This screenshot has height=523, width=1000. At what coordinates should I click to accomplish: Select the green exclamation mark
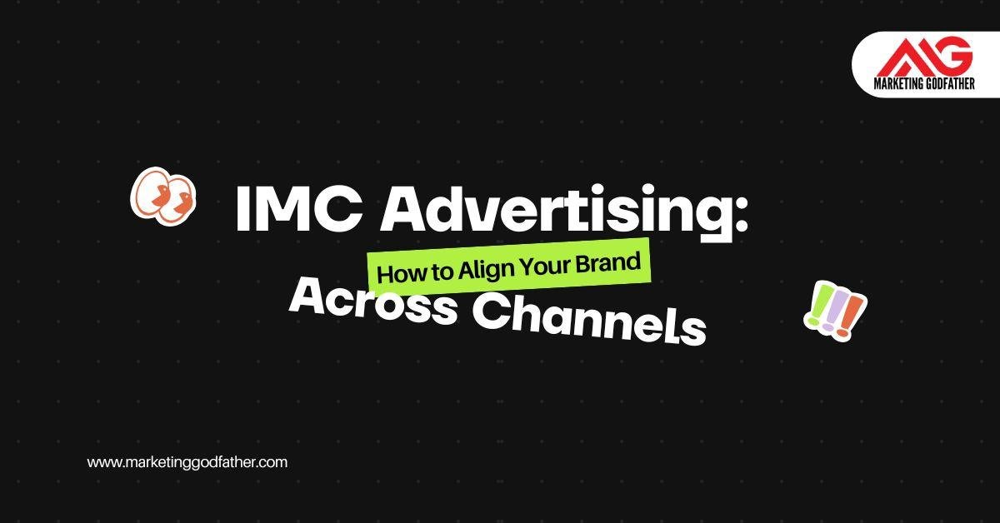coord(815,305)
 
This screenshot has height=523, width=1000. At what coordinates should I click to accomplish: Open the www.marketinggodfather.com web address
coord(187,462)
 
